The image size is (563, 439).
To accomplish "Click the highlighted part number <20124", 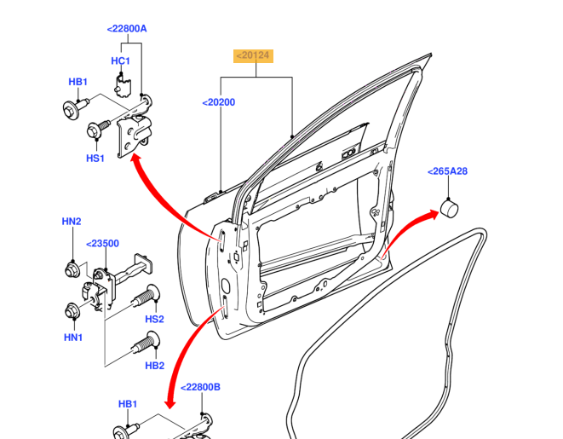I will pos(253,56).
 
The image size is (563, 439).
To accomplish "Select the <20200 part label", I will pos(219,102).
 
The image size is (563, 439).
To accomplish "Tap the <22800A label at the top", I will pos(127,29).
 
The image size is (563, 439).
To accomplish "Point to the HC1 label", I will pos(120,61).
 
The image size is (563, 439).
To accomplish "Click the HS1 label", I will pos(95,158).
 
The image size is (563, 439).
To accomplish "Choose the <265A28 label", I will pos(447,171).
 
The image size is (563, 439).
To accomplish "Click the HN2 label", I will pos(71,222).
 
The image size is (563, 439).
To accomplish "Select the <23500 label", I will pos(103,243).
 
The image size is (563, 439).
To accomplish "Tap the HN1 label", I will pos(72,337).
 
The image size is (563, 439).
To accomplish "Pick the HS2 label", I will pos(154,320).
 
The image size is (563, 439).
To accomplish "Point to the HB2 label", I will pos(154,366).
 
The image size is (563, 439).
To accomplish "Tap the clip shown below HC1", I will pos(122,84).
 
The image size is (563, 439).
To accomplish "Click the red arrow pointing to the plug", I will pos(409,230).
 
